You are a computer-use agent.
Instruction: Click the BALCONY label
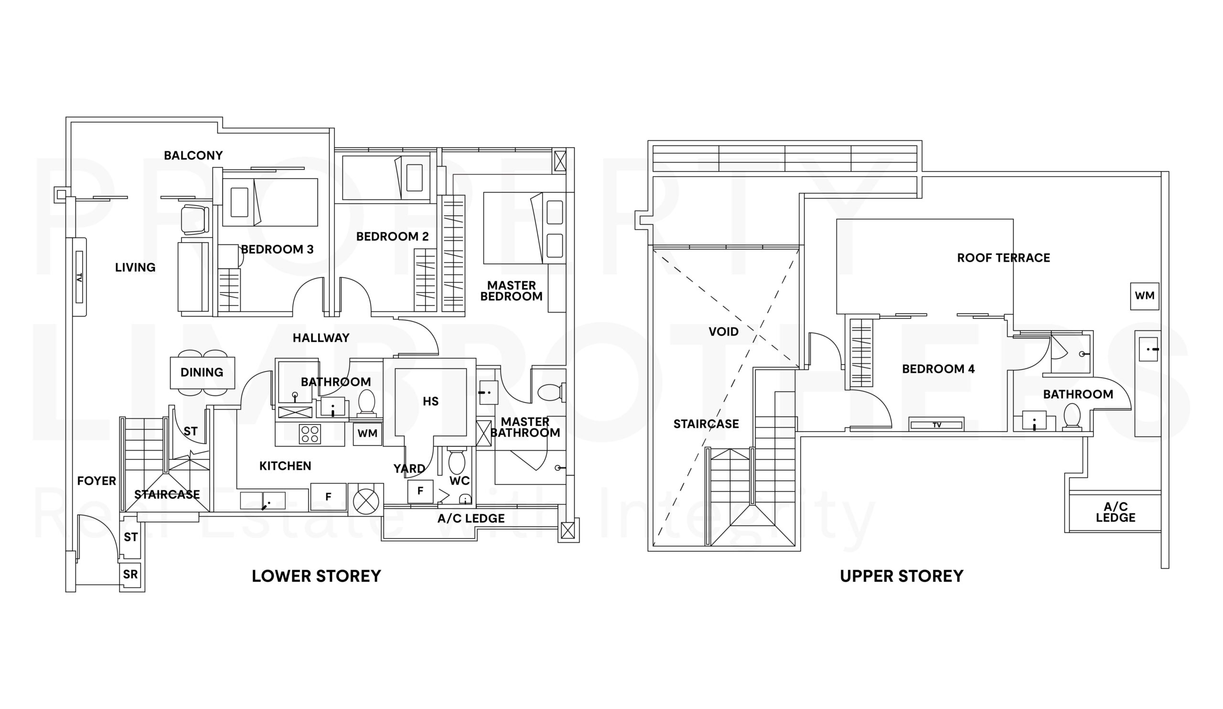[x=193, y=155]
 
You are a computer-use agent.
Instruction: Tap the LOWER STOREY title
[x=316, y=576]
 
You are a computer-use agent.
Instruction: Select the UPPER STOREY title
[x=901, y=576]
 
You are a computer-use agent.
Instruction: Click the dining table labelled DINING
[x=203, y=372]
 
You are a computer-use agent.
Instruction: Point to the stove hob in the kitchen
[x=310, y=434]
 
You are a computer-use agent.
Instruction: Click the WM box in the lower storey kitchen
[x=367, y=434]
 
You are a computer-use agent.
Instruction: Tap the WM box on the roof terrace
[x=1145, y=296]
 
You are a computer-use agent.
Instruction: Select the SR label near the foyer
[x=130, y=574]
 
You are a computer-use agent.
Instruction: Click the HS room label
[x=430, y=401]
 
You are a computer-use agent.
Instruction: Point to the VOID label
[x=724, y=332]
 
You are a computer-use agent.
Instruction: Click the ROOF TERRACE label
[x=1004, y=258]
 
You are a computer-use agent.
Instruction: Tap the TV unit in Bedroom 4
[x=937, y=424]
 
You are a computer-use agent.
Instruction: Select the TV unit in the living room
[x=80, y=277]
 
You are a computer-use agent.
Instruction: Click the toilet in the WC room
[x=457, y=461]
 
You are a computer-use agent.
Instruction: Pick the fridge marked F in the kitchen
[x=329, y=497]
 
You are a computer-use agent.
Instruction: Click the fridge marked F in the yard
[x=420, y=491]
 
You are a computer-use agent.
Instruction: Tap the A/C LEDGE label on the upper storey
[x=1116, y=512]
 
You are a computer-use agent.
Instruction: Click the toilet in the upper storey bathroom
[x=1072, y=417]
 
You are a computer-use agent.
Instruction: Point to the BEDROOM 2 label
[x=393, y=237]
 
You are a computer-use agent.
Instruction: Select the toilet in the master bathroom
[x=552, y=392]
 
